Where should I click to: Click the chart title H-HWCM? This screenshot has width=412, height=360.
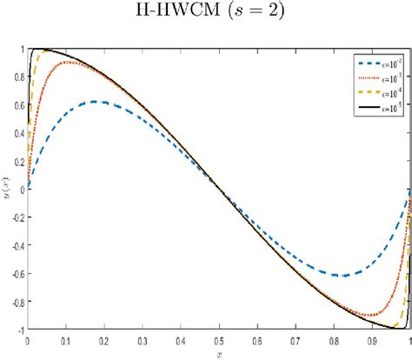pyautogui.click(x=205, y=12)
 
